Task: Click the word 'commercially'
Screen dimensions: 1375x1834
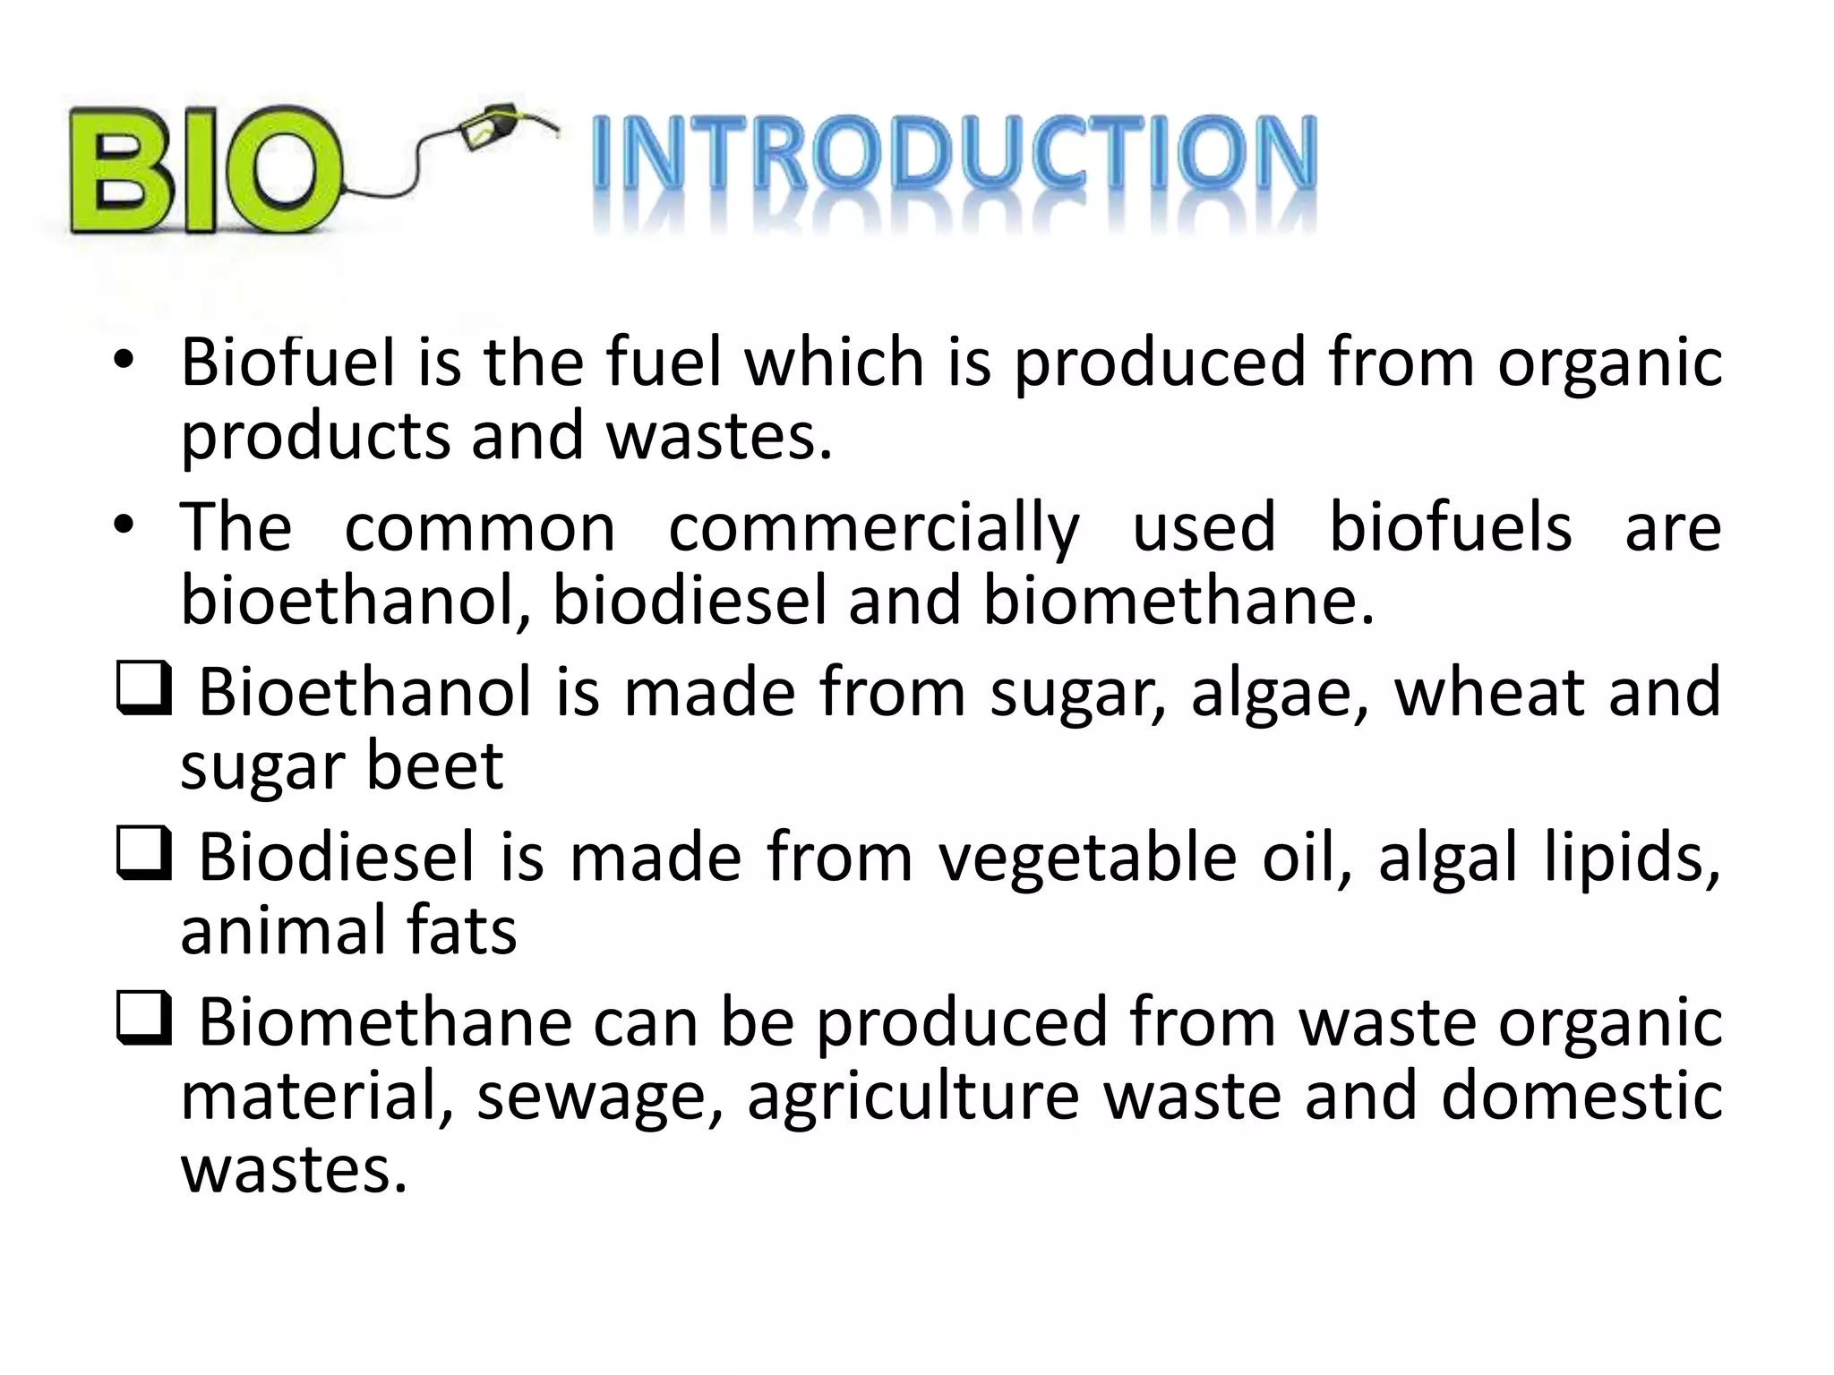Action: pyautogui.click(x=874, y=529)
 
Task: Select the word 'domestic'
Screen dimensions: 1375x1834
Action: pyautogui.click(x=1581, y=1096)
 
